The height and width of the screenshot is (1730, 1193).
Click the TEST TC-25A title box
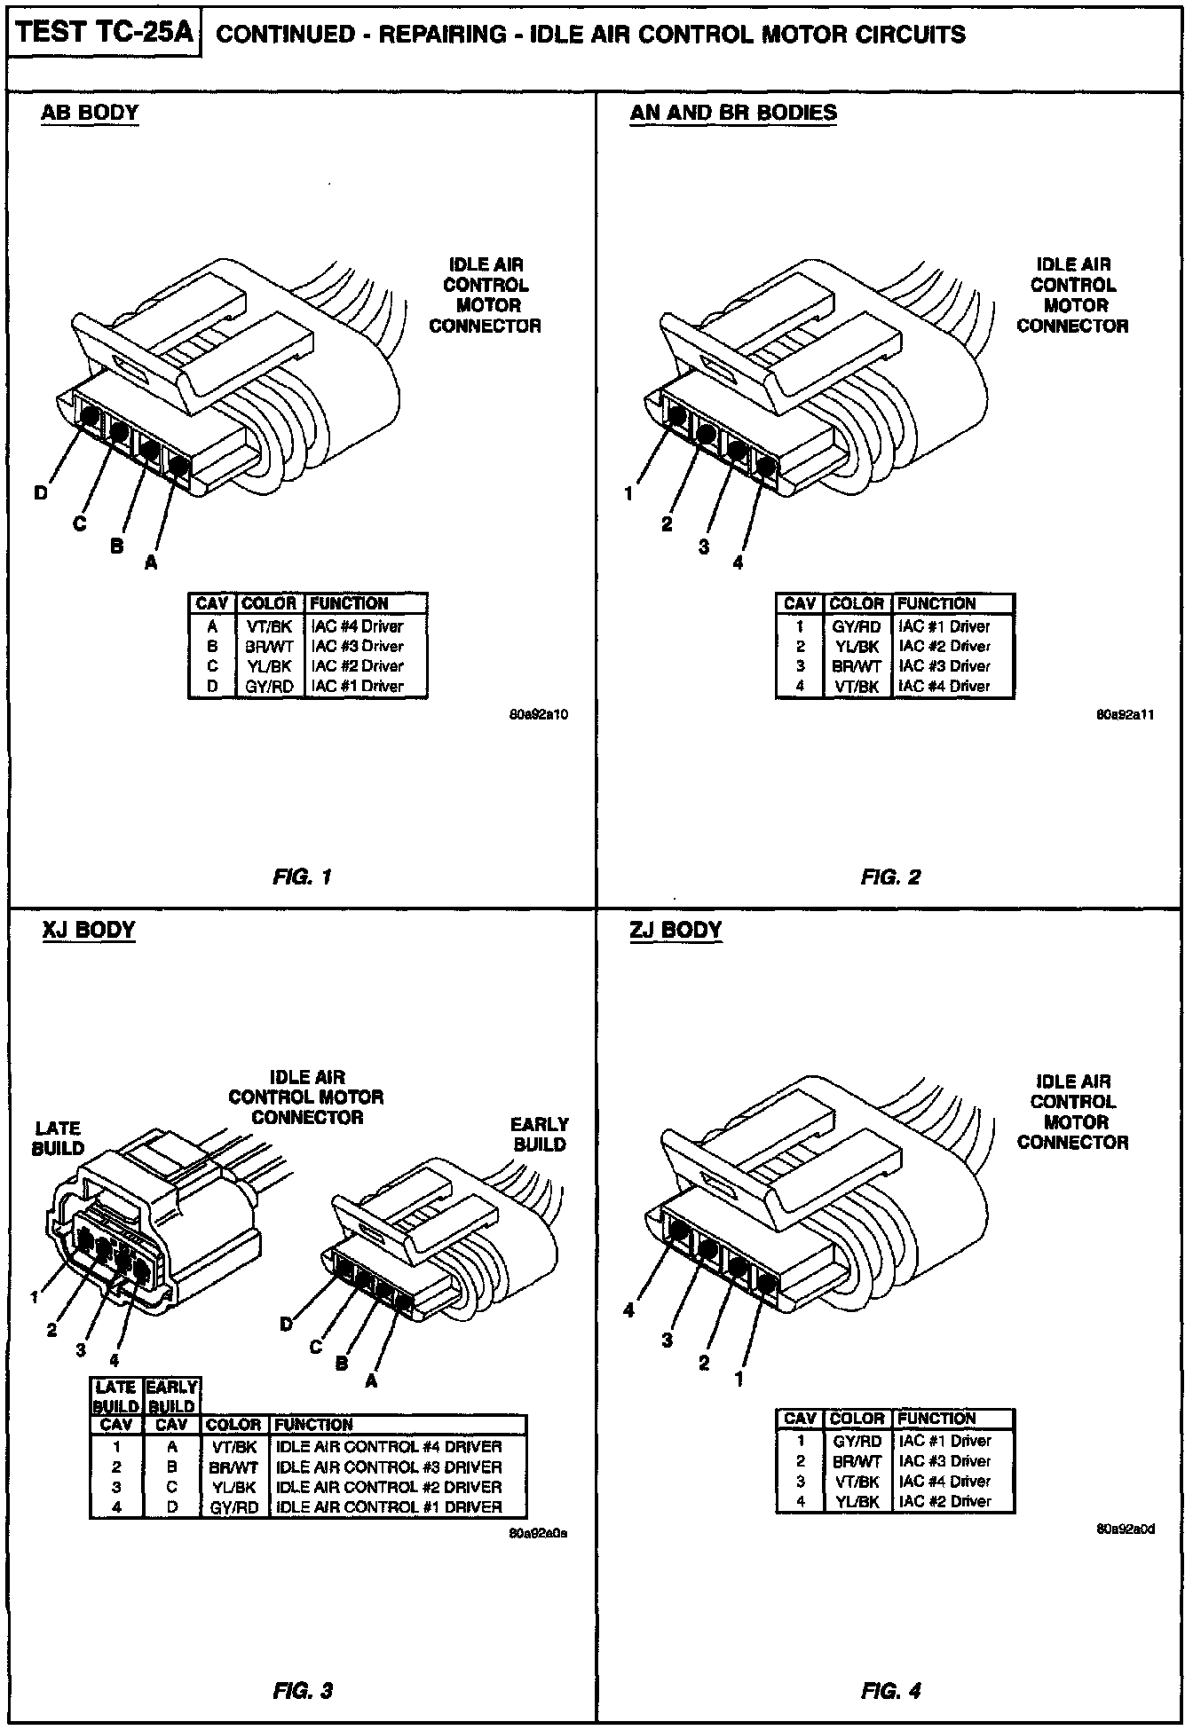pyautogui.click(x=105, y=35)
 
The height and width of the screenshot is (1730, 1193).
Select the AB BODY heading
pyautogui.click(x=90, y=113)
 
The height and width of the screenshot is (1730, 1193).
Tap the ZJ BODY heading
pyautogui.click(x=676, y=930)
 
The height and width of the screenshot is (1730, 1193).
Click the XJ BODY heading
pyautogui.click(x=89, y=930)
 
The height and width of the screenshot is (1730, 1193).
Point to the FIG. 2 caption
pyautogui.click(x=890, y=877)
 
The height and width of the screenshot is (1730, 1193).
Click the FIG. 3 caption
pyautogui.click(x=303, y=1691)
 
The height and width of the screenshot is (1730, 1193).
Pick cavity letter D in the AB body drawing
pyautogui.click(x=42, y=493)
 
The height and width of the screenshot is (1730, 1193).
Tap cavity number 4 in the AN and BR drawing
pyautogui.click(x=738, y=562)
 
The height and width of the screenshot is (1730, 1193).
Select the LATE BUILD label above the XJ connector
pyautogui.click(x=58, y=1138)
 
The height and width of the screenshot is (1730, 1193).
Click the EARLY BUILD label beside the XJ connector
pyautogui.click(x=539, y=1134)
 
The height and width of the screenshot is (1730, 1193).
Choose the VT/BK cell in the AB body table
pyautogui.click(x=269, y=626)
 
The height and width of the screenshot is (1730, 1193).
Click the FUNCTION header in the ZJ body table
pyautogui.click(x=936, y=1419)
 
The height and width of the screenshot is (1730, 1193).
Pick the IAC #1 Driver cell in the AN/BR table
pyautogui.click(x=944, y=626)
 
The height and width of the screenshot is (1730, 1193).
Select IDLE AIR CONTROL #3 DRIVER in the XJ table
pyautogui.click(x=389, y=1467)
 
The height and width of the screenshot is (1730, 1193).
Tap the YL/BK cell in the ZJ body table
pyautogui.click(x=857, y=1502)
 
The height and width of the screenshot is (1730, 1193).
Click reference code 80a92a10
pyautogui.click(x=538, y=713)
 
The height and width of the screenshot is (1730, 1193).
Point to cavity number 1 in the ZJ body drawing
pyautogui.click(x=739, y=1379)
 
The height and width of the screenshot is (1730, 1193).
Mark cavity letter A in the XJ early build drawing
pyautogui.click(x=371, y=1381)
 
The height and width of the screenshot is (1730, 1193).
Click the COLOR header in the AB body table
pyautogui.click(x=269, y=603)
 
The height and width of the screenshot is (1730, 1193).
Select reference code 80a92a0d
pyautogui.click(x=1126, y=1529)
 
